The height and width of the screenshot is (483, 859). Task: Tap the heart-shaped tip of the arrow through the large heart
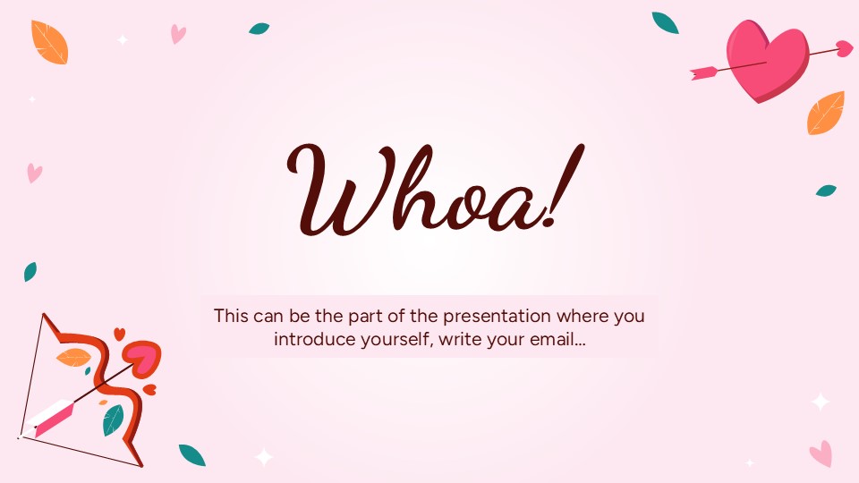pyautogui.click(x=843, y=47)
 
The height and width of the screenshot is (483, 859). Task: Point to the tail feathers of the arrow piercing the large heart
pyautogui.click(x=702, y=70)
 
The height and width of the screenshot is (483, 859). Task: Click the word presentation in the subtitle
pyautogui.click(x=487, y=316)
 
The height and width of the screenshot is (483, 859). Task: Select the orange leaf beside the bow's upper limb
pyautogui.click(x=73, y=358)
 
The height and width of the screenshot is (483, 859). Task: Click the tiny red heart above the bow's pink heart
pyautogui.click(x=119, y=334)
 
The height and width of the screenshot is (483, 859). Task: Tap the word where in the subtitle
pyautogui.click(x=579, y=316)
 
